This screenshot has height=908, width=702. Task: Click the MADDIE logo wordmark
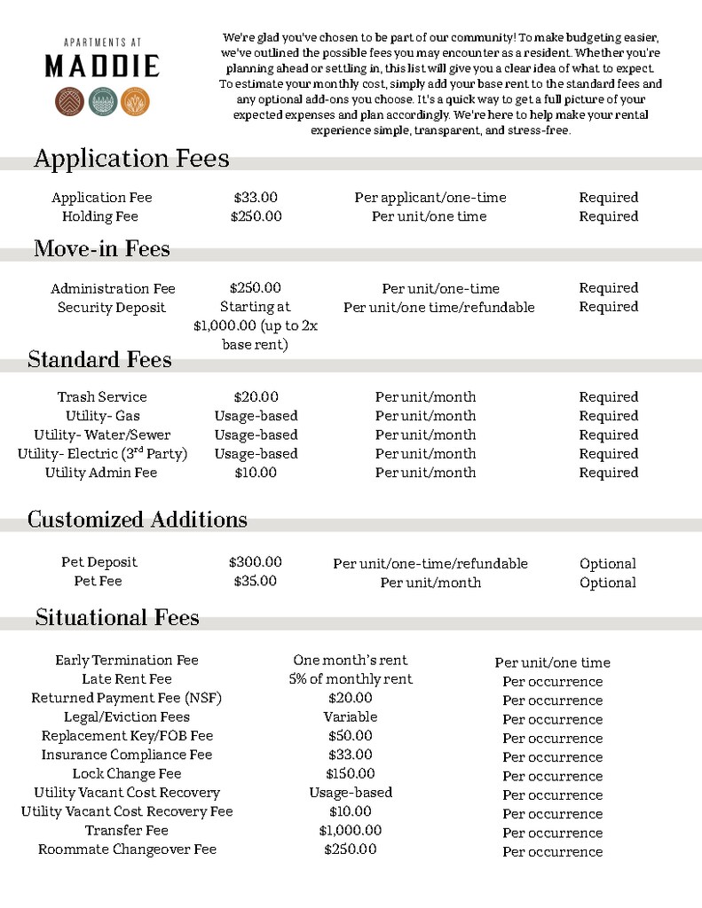pos(102,66)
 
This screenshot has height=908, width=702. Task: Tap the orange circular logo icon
pos(135,102)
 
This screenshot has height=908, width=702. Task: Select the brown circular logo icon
pos(69,102)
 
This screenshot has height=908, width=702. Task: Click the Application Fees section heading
pos(131,159)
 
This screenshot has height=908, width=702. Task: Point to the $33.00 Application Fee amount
pos(256,198)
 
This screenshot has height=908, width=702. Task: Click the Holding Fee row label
pos(100,216)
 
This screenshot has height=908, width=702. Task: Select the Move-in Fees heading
pos(102,249)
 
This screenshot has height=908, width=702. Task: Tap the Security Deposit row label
pos(112,308)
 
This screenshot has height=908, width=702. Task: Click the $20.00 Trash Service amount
pos(256,397)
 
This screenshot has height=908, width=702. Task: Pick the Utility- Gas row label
pos(102,416)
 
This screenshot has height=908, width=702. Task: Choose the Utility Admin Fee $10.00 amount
pos(255,473)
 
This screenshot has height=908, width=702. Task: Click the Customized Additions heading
pos(138,520)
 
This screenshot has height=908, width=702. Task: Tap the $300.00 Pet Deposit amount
pos(255,562)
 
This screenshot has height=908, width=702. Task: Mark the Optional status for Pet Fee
pos(608,583)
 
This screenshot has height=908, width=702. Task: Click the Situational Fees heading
pos(117,617)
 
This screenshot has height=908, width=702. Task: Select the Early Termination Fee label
pos(127,661)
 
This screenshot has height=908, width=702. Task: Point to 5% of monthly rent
pos(351,679)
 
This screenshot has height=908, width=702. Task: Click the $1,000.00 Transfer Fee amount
pos(351,831)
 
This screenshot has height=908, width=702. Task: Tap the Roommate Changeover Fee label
pos(127,849)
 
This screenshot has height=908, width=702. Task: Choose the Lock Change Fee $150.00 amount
pos(351,774)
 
